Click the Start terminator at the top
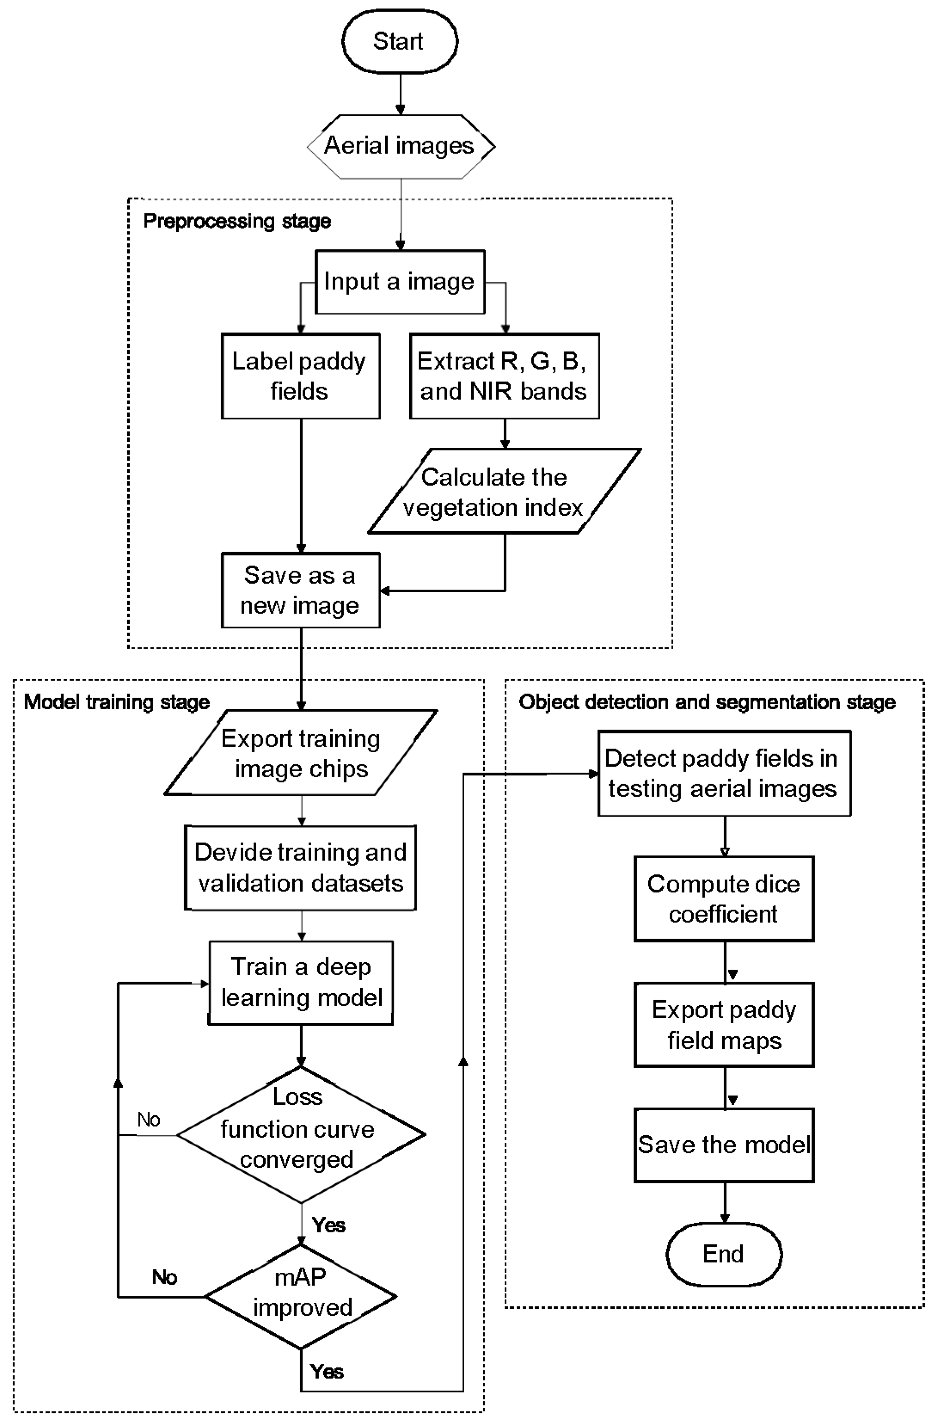(399, 41)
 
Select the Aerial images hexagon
(401, 146)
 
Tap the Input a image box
(399, 281)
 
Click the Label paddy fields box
(300, 376)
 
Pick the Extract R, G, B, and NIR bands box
(504, 376)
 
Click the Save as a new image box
(300, 591)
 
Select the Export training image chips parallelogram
(300, 753)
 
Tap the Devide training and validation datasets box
(300, 868)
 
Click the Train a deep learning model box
(300, 982)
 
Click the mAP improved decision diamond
(300, 1296)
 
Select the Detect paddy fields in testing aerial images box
(723, 773)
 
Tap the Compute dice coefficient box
(723, 899)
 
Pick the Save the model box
(723, 1145)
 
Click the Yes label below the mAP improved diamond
(327, 1372)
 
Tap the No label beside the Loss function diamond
(149, 1120)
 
